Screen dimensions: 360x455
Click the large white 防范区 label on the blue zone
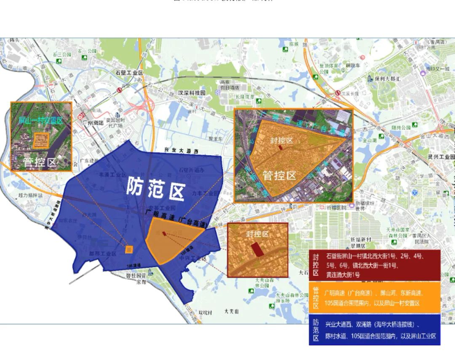pos(155,188)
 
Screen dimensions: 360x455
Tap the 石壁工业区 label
pos(129,72)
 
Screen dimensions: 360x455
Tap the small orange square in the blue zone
pos(129,249)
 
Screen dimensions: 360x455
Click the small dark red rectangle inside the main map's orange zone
pos(164,233)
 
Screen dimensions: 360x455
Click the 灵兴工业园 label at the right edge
pos(441,156)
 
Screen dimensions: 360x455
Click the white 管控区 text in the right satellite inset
pos(279,175)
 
